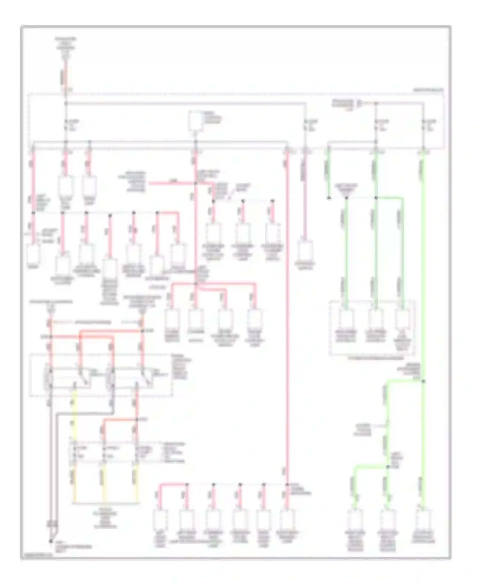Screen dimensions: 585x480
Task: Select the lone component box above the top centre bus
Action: tap(195, 121)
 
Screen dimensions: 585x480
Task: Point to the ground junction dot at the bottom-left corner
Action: tap(51, 541)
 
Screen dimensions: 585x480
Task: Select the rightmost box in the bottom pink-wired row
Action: tap(287, 520)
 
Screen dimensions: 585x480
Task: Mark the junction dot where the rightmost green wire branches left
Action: tap(423, 381)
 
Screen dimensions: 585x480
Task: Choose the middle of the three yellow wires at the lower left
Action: tap(103, 485)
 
